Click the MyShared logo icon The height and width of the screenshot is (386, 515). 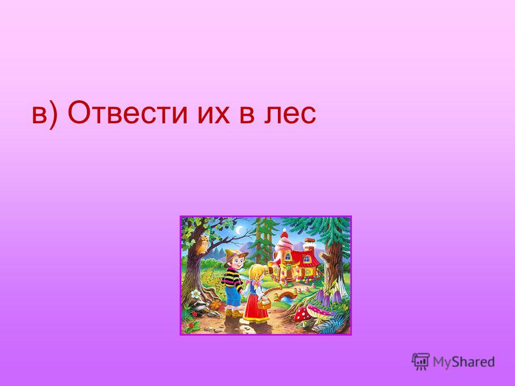[421, 362]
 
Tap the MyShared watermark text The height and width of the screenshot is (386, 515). [464, 362]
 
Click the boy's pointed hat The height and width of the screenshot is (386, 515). [234, 256]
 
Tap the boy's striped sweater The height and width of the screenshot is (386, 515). [232, 277]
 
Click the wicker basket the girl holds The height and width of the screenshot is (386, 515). [264, 303]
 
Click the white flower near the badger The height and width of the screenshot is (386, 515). [196, 293]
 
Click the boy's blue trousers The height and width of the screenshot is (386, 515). [233, 295]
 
